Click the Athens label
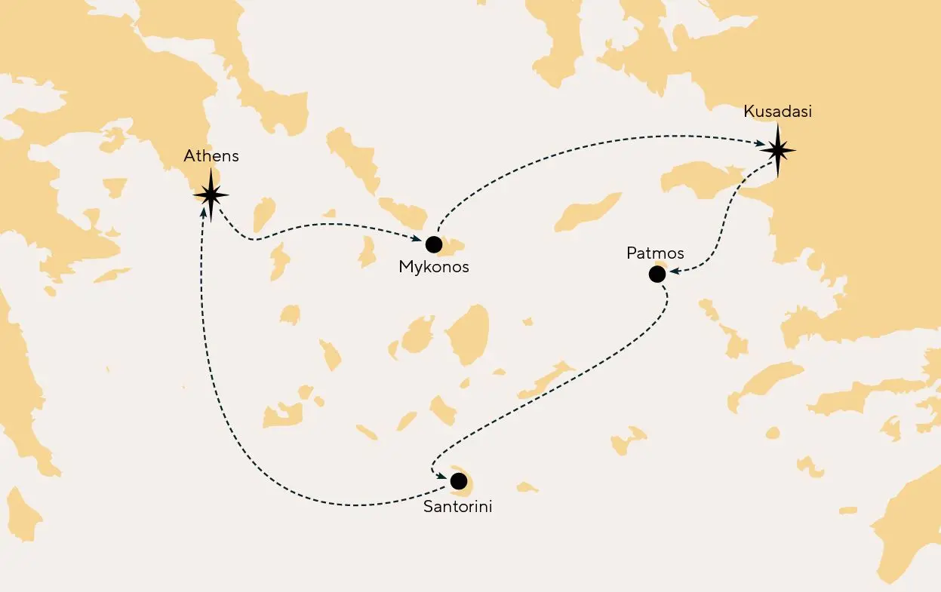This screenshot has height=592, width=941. (x=211, y=156)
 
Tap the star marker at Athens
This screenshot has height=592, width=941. (x=211, y=195)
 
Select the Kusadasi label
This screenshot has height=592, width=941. (x=777, y=112)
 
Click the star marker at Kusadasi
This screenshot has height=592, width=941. (x=777, y=150)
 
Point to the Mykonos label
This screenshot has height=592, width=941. (x=434, y=267)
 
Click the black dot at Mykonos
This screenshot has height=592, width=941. (x=433, y=244)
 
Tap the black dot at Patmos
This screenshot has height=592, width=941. (x=657, y=275)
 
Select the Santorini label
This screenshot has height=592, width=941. (x=457, y=507)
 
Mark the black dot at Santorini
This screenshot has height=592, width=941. (x=457, y=480)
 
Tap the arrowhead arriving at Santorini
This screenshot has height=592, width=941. (x=441, y=475)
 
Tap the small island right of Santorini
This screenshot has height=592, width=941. (x=527, y=487)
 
